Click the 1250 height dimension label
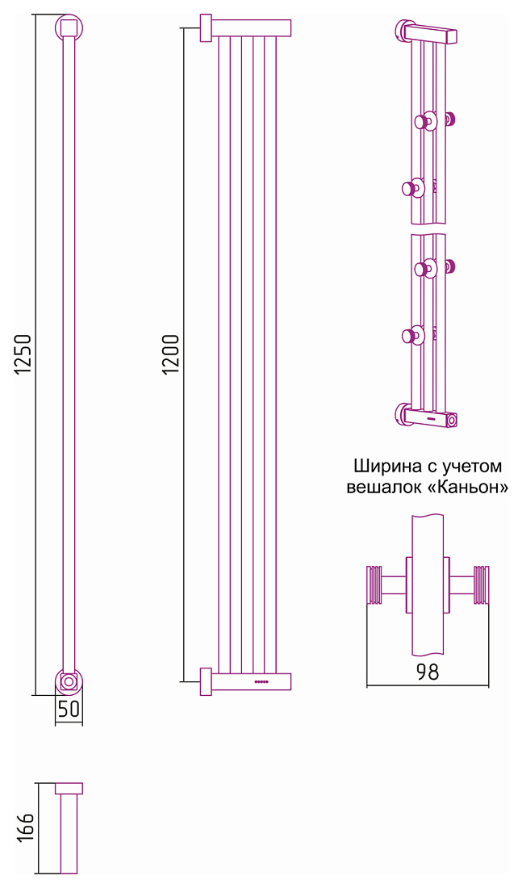point(23,354)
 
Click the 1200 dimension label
point(170,354)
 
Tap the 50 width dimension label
point(69,709)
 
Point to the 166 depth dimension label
point(26,827)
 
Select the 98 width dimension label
point(428,672)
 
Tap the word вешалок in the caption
point(383,488)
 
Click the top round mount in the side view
point(69,27)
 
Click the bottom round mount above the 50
point(69,681)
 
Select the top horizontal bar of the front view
point(252,27)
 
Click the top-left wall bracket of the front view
point(206,27)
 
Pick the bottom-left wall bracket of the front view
point(206,682)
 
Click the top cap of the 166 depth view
point(69,789)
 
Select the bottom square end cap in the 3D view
point(451,421)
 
